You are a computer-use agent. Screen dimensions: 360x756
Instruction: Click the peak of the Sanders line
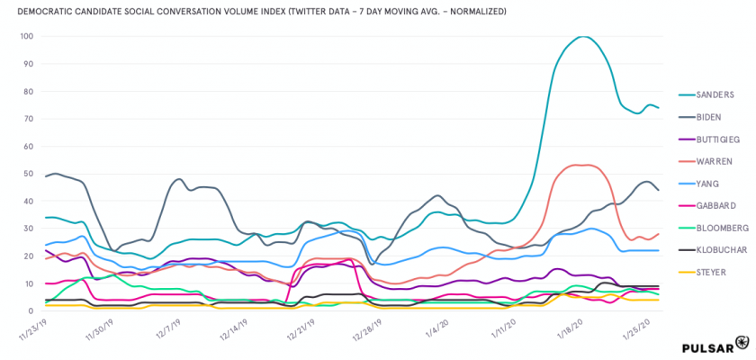tap(583, 37)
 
